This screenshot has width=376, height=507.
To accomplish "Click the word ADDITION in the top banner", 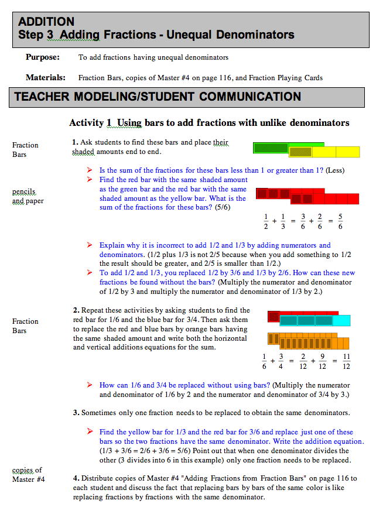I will (46, 22).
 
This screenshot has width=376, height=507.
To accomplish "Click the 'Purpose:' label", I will (42, 57).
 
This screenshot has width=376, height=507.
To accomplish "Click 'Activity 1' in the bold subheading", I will (90, 123).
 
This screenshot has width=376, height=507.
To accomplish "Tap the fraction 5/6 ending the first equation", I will (340, 221).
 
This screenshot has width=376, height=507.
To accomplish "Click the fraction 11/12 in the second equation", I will (346, 361).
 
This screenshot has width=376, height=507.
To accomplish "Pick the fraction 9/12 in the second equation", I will (323, 361).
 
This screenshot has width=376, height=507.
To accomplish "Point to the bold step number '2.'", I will (76, 310).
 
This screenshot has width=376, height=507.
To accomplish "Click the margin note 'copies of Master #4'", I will (27, 475).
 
